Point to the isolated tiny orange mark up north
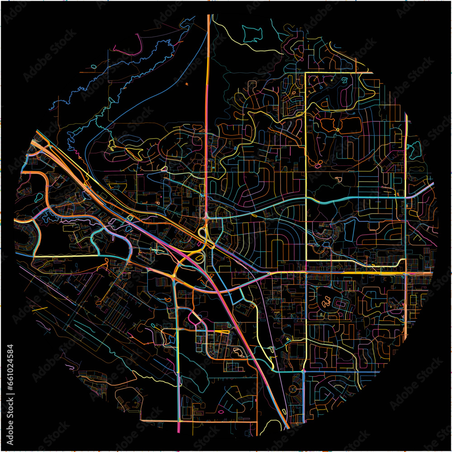click(x=186, y=84)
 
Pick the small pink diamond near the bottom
click(x=221, y=412)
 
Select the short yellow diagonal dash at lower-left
click(x=40, y=310)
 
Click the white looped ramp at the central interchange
click(x=202, y=233)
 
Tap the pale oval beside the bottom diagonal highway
click(x=283, y=411)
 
